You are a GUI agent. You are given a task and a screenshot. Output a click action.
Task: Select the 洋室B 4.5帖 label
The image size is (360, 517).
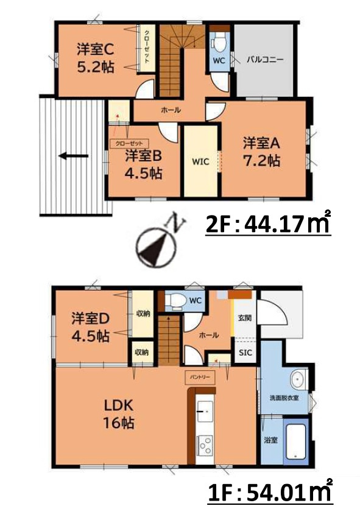pyautogui.click(x=144, y=164)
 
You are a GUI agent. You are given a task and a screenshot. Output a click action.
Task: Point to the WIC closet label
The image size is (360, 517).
pyautogui.click(x=201, y=161)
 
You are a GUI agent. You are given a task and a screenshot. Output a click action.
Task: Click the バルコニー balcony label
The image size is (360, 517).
pyautogui.click(x=265, y=60)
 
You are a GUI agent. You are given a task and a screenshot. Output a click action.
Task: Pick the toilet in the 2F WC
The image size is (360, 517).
pyautogui.click(x=219, y=44)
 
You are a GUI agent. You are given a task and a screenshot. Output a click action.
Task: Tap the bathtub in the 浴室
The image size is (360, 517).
pyautogui.click(x=298, y=441)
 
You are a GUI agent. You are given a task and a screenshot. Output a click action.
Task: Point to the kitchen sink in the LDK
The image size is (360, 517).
pyautogui.click(x=205, y=412)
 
